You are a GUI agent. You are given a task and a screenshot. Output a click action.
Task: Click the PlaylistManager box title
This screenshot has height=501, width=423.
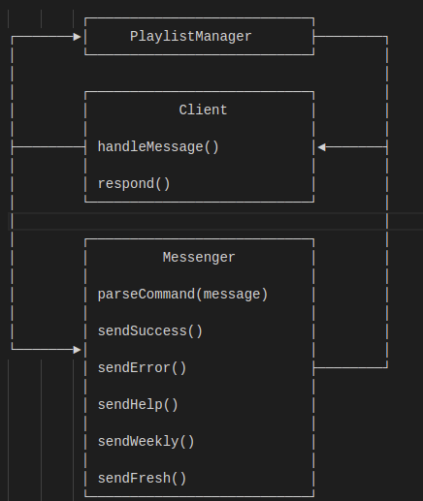(191, 37)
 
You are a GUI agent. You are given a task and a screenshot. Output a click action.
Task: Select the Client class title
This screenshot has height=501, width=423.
(203, 110)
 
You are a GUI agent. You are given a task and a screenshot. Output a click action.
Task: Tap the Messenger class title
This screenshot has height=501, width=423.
(199, 258)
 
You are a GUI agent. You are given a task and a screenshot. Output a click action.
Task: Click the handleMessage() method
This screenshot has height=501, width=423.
(158, 147)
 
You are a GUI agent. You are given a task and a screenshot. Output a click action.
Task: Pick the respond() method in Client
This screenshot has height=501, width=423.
(134, 184)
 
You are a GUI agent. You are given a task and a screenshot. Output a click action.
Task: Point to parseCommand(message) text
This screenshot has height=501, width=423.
(182, 295)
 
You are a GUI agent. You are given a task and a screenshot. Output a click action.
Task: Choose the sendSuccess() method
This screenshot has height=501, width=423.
(150, 331)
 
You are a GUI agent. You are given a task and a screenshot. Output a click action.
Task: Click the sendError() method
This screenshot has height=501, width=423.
(143, 368)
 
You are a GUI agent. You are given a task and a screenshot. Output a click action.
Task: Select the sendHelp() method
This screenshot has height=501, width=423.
(138, 405)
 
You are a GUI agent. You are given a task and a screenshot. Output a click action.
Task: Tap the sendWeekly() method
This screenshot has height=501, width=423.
(146, 442)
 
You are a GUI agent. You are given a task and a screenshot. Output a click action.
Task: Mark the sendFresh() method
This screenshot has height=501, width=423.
(143, 479)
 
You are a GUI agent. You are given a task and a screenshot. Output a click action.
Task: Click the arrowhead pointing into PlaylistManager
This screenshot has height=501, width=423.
(77, 37)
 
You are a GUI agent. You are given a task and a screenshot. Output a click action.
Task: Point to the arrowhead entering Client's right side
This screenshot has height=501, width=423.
(321, 147)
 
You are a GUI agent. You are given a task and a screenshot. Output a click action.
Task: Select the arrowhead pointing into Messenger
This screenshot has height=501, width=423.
(77, 350)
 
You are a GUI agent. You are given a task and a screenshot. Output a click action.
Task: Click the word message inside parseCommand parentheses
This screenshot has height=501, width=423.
(232, 295)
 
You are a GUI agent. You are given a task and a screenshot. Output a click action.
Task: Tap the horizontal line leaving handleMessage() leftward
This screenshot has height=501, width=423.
(49, 147)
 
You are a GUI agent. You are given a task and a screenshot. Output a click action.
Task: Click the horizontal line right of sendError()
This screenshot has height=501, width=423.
(350, 367)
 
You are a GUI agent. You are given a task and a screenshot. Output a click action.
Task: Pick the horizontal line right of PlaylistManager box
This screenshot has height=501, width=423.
(350, 37)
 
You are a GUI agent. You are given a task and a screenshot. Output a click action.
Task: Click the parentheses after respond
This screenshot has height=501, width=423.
(163, 184)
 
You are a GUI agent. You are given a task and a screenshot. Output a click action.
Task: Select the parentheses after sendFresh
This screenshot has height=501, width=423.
(179, 479)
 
